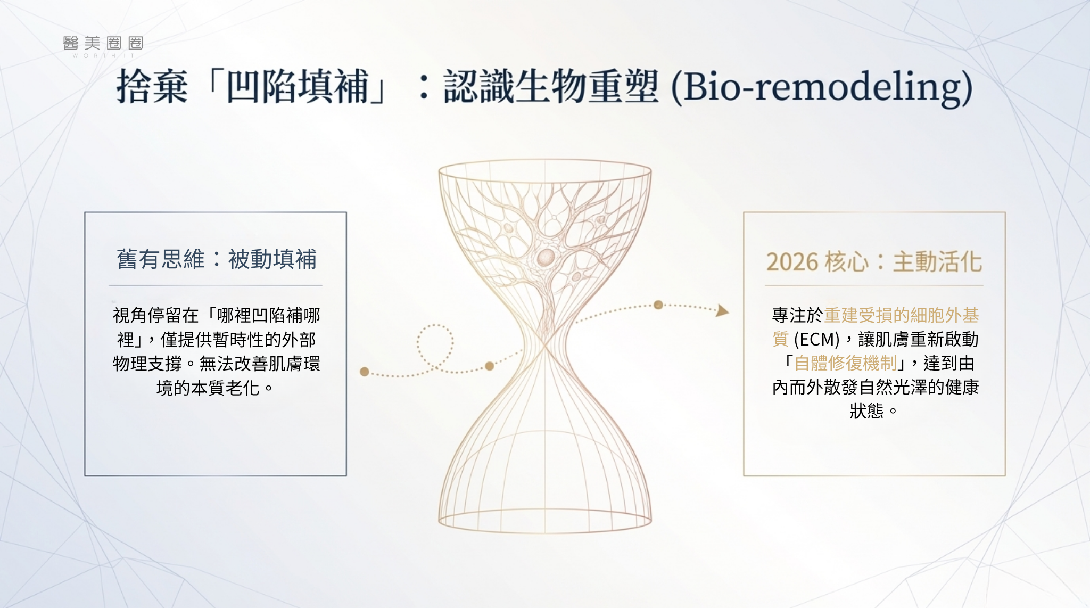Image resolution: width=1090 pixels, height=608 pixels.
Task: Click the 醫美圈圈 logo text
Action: pyautogui.click(x=103, y=43)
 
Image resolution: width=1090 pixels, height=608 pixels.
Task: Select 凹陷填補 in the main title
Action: pyautogui.click(x=298, y=87)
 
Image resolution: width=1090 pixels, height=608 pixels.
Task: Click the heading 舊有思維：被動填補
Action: pyautogui.click(x=217, y=259)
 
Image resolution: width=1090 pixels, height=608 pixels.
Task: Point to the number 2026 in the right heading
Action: pyautogui.click(x=792, y=262)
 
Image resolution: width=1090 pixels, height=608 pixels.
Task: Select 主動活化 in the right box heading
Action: pyautogui.click(x=937, y=262)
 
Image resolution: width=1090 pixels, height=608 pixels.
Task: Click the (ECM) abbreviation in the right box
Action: pyautogui.click(x=816, y=339)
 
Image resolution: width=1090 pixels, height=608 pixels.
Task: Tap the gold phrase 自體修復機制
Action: pyautogui.click(x=846, y=363)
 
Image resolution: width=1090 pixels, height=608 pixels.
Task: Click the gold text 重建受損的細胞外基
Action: pyautogui.click(x=902, y=315)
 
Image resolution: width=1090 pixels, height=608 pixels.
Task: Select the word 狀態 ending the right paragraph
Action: pyautogui.click(x=866, y=411)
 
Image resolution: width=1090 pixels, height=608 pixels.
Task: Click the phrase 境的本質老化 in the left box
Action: pyautogui.click(x=208, y=388)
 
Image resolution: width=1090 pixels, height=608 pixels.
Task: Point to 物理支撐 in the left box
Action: pyautogui.click(x=147, y=364)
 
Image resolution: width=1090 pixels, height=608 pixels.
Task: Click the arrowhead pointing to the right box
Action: pyautogui.click(x=722, y=310)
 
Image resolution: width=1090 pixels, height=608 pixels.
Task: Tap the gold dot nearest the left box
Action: pyautogui.click(x=365, y=372)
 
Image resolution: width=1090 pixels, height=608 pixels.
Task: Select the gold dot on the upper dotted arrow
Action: pyautogui.click(x=658, y=305)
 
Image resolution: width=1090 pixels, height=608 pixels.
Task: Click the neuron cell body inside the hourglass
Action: pyautogui.click(x=546, y=258)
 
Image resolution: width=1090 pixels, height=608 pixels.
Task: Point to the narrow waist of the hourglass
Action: pyautogui.click(x=545, y=345)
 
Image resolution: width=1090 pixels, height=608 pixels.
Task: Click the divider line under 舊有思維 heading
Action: pyautogui.click(x=216, y=286)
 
